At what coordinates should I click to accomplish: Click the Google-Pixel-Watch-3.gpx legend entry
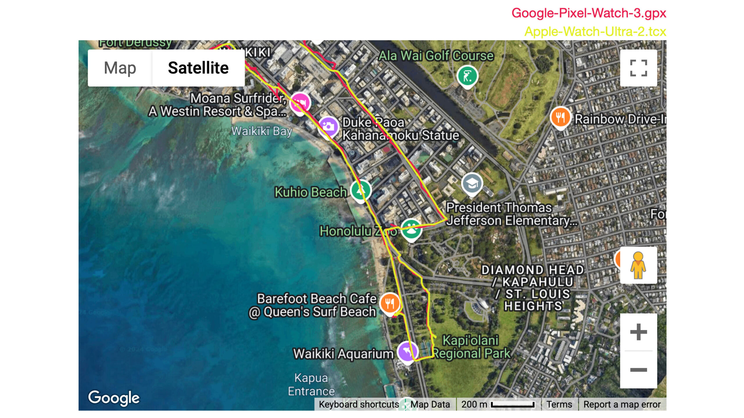(x=589, y=13)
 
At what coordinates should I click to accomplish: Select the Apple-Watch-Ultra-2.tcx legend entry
(x=595, y=32)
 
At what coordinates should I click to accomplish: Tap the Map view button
(x=120, y=68)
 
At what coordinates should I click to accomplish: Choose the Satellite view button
(x=198, y=68)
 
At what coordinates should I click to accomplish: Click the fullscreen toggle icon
(x=638, y=68)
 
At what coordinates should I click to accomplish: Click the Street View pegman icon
(x=638, y=265)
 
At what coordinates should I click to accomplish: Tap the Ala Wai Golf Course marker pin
(x=467, y=76)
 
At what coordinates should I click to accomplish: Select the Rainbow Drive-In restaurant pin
(x=560, y=117)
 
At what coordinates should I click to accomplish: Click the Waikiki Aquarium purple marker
(x=407, y=352)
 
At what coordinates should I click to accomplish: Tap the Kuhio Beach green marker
(x=361, y=190)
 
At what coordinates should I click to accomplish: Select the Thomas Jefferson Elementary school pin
(x=472, y=183)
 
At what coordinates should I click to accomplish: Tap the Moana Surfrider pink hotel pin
(x=300, y=103)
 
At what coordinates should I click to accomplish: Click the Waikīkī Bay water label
(x=262, y=131)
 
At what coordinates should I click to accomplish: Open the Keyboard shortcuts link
(x=359, y=404)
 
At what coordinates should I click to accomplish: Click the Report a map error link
(x=622, y=404)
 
